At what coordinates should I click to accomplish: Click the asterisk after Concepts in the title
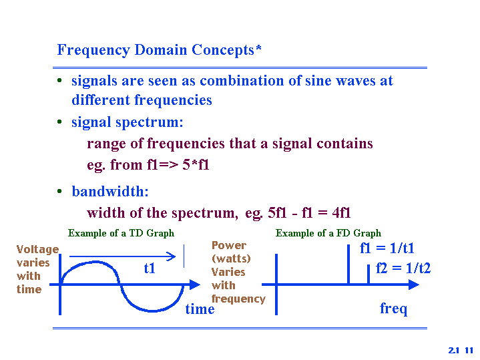point(258,48)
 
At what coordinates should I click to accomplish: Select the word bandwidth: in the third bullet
point(110,192)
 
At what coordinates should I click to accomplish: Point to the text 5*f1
point(196,164)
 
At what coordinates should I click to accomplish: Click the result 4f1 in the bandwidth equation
point(341,212)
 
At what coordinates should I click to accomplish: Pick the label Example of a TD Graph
point(121,234)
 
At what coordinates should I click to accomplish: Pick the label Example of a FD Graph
point(328,234)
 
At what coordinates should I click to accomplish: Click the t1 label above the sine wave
point(150,268)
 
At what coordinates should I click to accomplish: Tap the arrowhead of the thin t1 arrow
point(172,256)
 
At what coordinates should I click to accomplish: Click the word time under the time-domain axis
point(200,309)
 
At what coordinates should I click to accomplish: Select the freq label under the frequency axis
point(393,309)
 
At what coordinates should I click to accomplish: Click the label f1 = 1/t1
point(387,248)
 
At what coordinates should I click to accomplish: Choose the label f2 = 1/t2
point(403,268)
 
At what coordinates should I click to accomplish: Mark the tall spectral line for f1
point(348,264)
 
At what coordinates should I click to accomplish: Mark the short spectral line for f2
point(369,275)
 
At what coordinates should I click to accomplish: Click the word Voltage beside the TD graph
point(37,250)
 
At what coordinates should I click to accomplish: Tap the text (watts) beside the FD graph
point(231,258)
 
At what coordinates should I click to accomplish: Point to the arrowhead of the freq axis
point(414,285)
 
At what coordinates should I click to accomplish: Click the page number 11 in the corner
point(469,350)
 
